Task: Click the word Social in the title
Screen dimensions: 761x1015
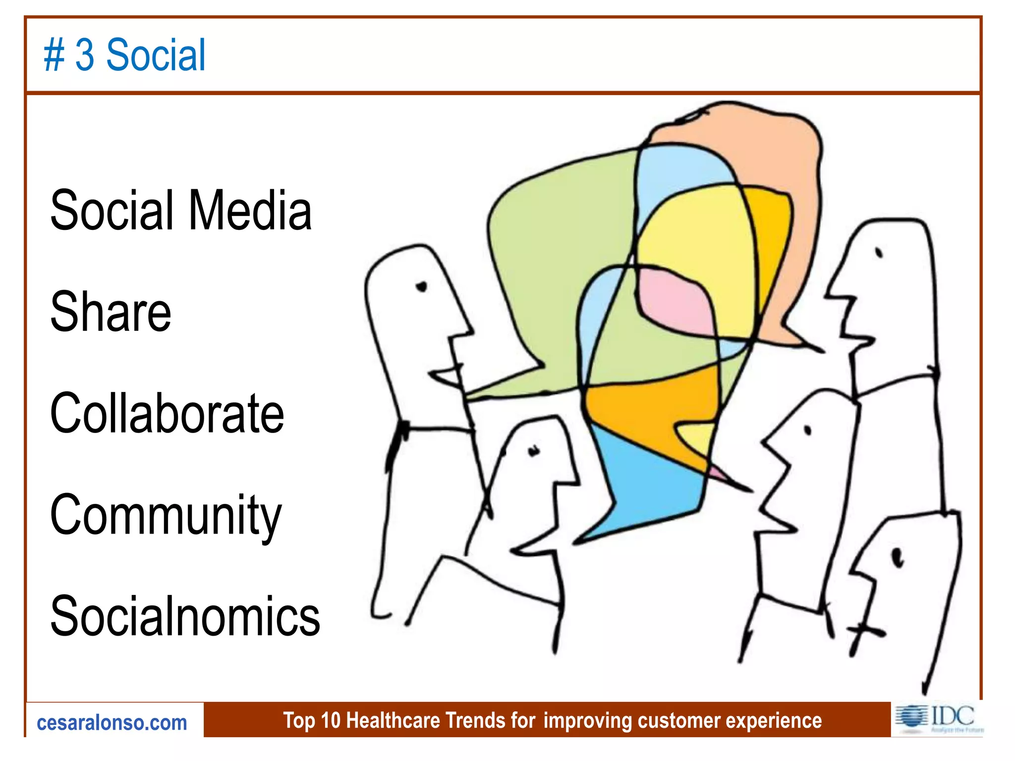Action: [x=156, y=55]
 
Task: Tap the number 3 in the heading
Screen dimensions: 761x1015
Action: [x=85, y=55]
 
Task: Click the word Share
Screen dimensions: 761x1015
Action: [x=111, y=312]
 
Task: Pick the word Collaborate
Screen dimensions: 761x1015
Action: [x=167, y=413]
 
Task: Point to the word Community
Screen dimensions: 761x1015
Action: [x=166, y=515]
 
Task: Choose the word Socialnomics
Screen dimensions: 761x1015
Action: [x=185, y=616]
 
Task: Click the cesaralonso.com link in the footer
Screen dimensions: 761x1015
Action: [x=112, y=723]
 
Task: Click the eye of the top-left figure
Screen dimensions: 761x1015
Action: [x=422, y=287]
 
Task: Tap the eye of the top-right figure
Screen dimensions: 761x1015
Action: [x=879, y=253]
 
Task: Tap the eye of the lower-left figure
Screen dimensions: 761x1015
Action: [x=533, y=451]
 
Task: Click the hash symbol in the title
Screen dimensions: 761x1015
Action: [x=54, y=55]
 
